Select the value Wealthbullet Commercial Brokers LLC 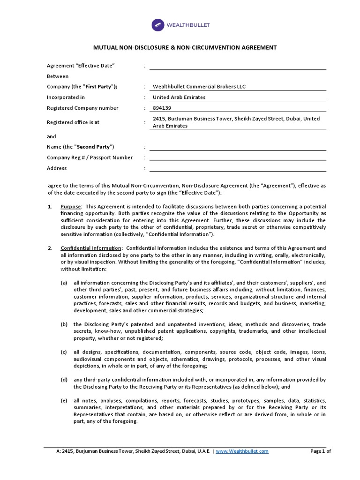[199, 87]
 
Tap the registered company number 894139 [162, 108]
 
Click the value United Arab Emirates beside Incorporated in [179, 97]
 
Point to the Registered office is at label [73, 122]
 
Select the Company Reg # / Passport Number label [90, 157]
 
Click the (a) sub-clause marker [64, 283]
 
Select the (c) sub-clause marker [64, 352]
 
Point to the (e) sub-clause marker [64, 401]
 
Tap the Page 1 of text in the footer [321, 451]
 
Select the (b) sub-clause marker [64, 324]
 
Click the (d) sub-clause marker [64, 380]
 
